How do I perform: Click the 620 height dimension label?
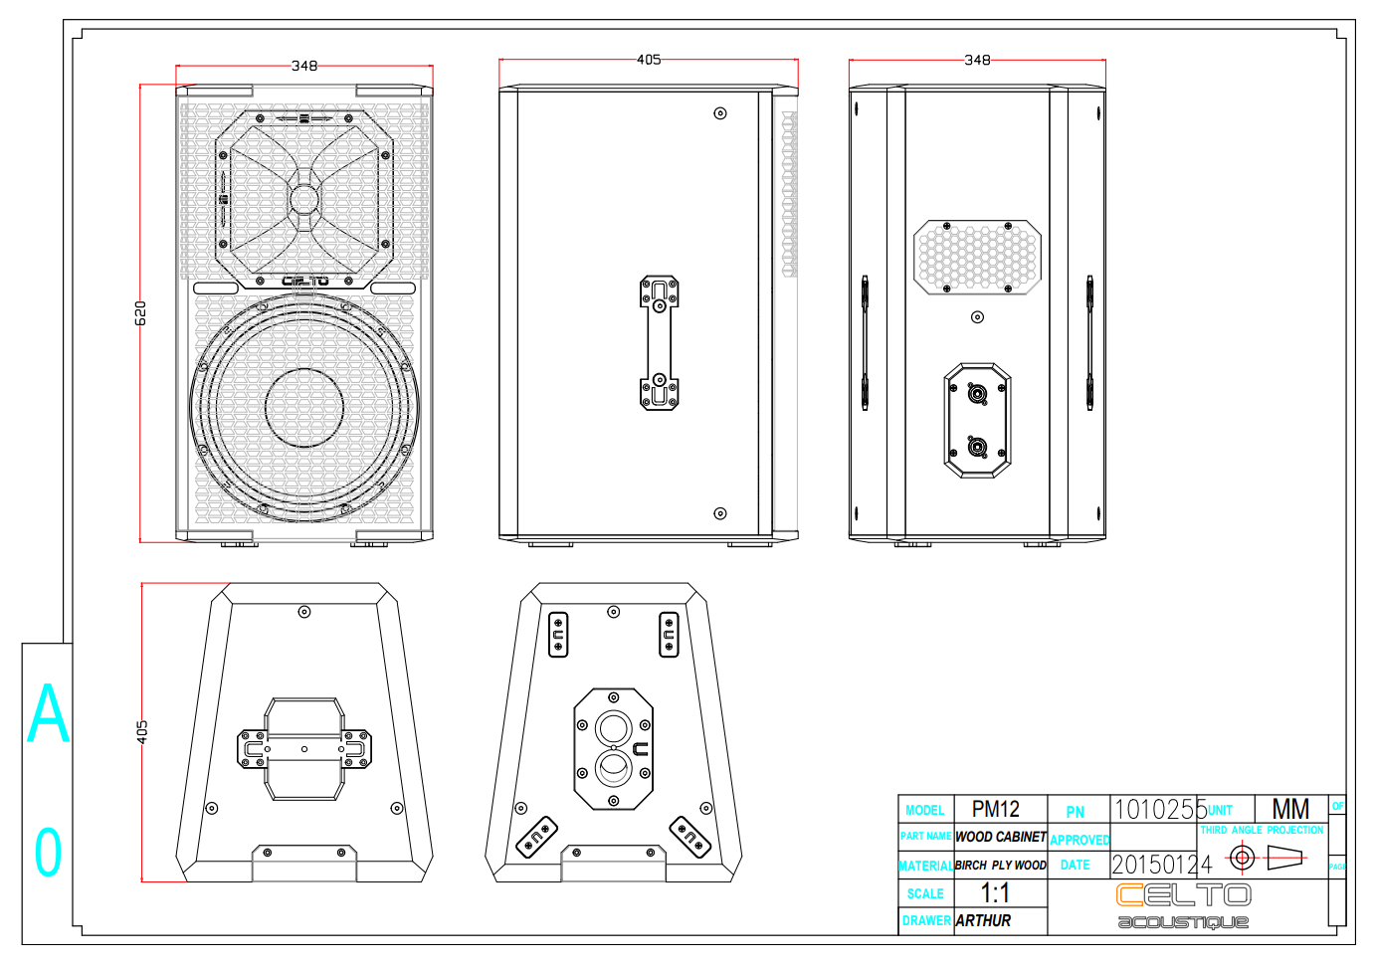coord(140,312)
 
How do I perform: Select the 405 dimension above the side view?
coord(648,60)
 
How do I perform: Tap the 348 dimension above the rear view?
coord(977,60)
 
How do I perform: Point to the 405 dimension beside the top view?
coord(142,732)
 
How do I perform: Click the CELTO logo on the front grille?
coord(304,281)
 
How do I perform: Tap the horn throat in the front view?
coord(304,199)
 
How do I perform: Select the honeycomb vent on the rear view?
coord(977,257)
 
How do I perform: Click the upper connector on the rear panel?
coord(978,395)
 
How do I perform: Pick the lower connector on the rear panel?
coord(978,447)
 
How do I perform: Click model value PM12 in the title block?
coord(995,810)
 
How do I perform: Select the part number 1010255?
coord(1158,810)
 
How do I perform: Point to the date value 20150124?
coord(1161,865)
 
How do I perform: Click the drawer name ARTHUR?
coord(983,921)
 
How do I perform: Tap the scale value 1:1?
coord(995,893)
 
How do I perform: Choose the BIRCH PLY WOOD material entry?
coord(1001,866)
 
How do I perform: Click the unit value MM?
coord(1290,810)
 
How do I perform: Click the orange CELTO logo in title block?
coord(1183,895)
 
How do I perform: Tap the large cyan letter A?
coord(48,714)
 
